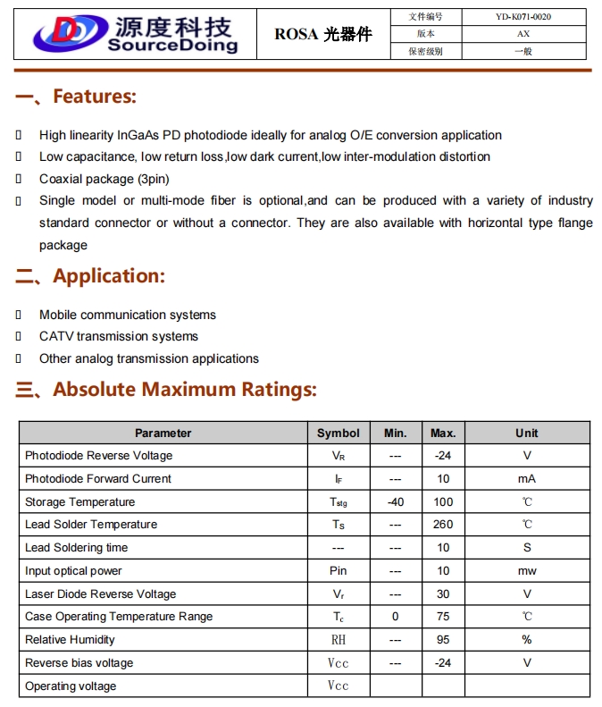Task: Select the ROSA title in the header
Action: point(322,35)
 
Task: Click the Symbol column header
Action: point(339,433)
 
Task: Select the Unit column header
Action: point(527,433)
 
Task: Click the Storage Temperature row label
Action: point(80,502)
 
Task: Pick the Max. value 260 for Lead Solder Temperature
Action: point(443,525)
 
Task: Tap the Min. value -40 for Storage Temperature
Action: point(396,502)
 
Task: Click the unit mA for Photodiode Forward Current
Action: point(527,479)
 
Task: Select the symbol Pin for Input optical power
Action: point(339,571)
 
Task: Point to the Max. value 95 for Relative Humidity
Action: point(443,640)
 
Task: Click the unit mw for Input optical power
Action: point(527,571)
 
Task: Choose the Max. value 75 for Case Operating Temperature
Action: point(443,617)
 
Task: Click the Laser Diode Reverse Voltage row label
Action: point(101,594)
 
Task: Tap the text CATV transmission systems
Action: point(119,337)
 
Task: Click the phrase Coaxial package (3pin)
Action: point(98,179)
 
